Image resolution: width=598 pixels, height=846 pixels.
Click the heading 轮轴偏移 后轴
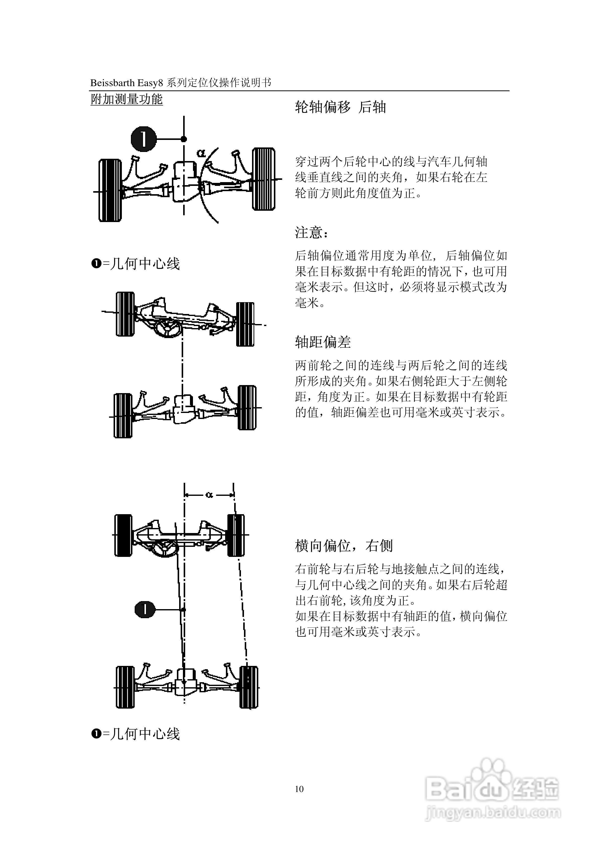340,107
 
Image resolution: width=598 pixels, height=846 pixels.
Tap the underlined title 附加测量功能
126,99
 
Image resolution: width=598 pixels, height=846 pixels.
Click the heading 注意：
312,233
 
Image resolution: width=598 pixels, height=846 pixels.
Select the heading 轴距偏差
323,342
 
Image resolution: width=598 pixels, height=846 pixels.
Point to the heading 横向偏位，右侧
344,546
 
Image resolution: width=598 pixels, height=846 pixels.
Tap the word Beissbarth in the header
113,83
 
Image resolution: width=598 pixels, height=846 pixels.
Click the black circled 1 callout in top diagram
144,139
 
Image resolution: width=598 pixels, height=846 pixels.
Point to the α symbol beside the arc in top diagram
201,152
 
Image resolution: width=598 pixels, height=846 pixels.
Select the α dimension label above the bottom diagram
209,495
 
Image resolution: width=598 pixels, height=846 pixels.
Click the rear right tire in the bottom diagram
249,687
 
